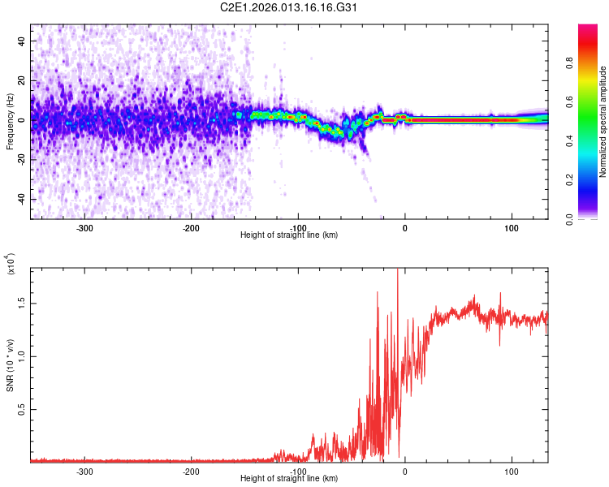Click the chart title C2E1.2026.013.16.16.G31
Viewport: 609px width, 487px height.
point(289,8)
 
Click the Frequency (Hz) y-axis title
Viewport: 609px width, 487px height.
point(10,122)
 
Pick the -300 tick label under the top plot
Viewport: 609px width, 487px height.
point(84,229)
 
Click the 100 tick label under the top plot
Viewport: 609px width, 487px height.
point(512,229)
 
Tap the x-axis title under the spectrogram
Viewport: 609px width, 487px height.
point(289,235)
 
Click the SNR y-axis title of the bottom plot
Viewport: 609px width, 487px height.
point(10,365)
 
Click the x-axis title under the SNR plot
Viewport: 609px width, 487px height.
point(289,479)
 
